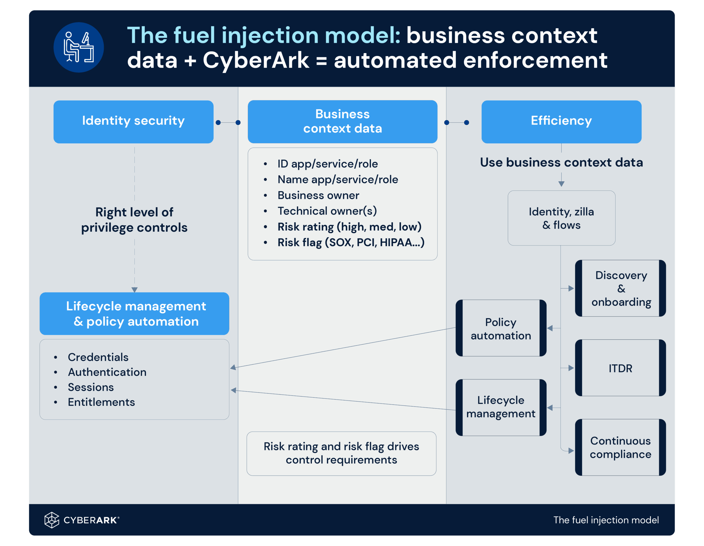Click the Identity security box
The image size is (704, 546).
click(x=133, y=121)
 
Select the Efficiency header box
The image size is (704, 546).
click(x=561, y=121)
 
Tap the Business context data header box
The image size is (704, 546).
click(x=342, y=121)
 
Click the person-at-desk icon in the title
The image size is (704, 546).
click(x=79, y=47)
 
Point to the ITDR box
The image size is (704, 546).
click(x=620, y=368)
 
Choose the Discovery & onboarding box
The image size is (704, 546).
click(x=620, y=288)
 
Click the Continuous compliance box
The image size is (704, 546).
click(x=620, y=447)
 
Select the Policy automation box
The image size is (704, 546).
click(x=501, y=328)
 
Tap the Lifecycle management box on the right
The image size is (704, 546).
click(x=501, y=407)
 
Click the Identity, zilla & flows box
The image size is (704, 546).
click(x=561, y=218)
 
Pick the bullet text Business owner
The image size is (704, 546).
click(x=318, y=195)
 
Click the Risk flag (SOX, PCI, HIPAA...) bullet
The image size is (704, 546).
click(x=351, y=242)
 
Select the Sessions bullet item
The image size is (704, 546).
click(x=90, y=387)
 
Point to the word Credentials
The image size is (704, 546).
click(x=98, y=357)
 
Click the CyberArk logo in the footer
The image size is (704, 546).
click(x=82, y=520)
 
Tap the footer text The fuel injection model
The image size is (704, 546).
click(x=606, y=520)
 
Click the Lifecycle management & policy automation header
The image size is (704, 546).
click(x=134, y=314)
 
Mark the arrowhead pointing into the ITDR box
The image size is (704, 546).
click(x=571, y=368)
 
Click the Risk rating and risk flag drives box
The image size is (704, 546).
click(x=341, y=453)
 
